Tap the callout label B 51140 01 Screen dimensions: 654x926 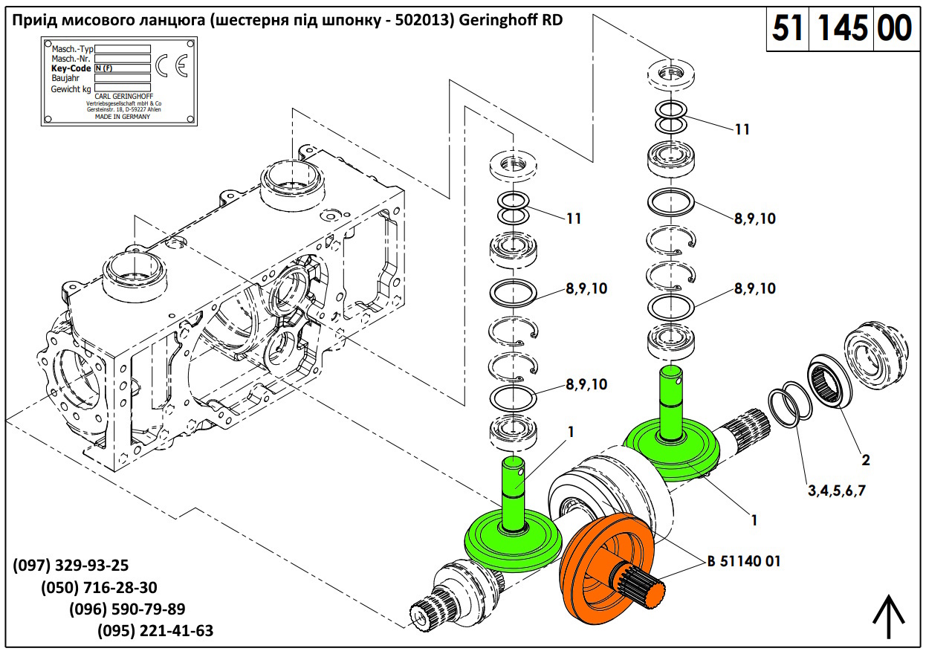[744, 561]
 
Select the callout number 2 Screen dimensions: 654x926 [865, 460]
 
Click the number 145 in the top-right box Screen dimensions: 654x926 [843, 29]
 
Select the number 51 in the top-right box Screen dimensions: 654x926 [789, 29]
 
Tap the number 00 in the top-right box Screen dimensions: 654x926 [895, 29]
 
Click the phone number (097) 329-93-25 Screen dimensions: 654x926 [71, 566]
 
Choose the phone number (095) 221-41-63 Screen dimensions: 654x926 [155, 631]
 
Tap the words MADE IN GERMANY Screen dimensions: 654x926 [123, 117]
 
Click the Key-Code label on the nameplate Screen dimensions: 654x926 [71, 68]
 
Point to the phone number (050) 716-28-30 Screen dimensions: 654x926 [99, 587]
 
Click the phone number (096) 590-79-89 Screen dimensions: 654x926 [127, 609]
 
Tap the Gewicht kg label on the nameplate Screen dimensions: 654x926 [71, 88]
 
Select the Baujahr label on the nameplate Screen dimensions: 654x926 [66, 78]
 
